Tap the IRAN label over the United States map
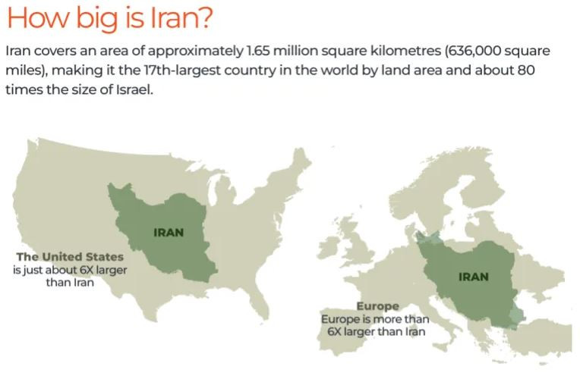[x=168, y=232]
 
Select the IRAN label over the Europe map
[x=474, y=277]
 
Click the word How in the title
[x=33, y=17]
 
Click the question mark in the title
[x=203, y=17]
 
